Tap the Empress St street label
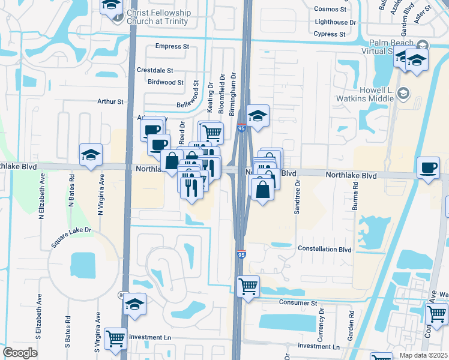point(172,46)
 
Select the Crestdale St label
point(155,70)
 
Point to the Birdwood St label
point(165,82)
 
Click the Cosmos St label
point(331,10)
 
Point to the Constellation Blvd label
point(324,249)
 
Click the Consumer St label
point(297,304)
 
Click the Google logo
point(20,353)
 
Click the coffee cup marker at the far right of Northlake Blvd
point(428,167)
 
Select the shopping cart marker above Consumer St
point(249,286)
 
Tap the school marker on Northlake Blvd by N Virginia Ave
point(91,155)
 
